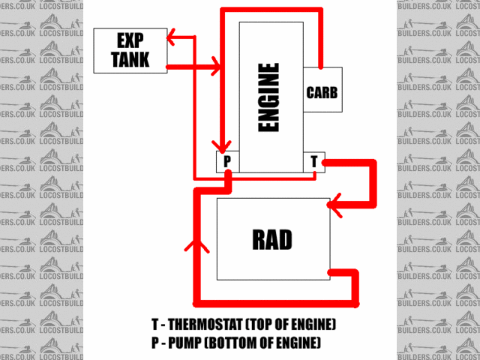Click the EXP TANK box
pyautogui.click(x=130, y=50)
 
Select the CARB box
pyautogui.click(x=322, y=93)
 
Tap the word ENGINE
pyautogui.click(x=268, y=97)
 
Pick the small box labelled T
pyautogui.click(x=315, y=161)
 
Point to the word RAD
pyautogui.click(x=272, y=240)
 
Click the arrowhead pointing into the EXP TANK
pyautogui.click(x=172, y=35)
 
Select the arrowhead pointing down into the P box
pyautogui.click(x=221, y=144)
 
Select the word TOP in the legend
pyautogui.click(x=272, y=326)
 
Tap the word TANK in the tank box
pyautogui.click(x=130, y=59)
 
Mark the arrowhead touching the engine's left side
pyautogui.click(x=217, y=67)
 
